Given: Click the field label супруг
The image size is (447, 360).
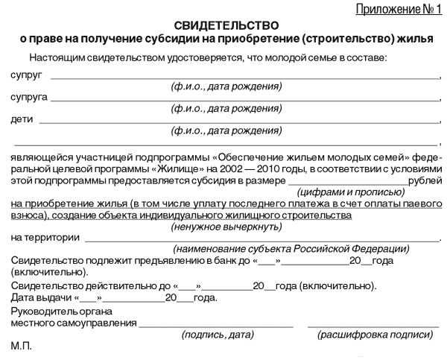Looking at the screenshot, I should click(26, 76).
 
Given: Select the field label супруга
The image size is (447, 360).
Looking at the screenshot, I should click(28, 98).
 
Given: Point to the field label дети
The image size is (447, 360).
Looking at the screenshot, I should click(22, 119).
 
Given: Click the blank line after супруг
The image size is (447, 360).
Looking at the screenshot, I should click(246, 78).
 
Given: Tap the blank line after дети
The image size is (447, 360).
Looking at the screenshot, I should click(238, 121).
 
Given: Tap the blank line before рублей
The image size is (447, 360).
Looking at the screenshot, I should click(346, 183).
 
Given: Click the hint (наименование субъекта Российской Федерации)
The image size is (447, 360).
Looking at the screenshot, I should click(291, 248).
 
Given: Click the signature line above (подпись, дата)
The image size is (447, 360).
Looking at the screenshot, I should click(216, 326).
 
